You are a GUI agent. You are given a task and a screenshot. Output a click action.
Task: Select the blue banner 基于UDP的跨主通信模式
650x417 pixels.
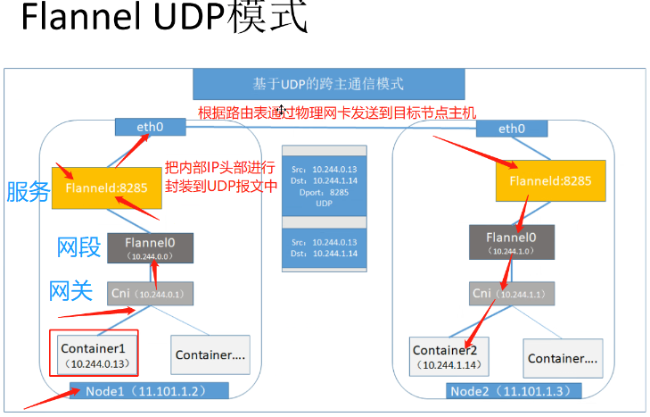pos(329,85)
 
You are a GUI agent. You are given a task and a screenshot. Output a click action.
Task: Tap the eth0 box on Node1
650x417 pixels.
pos(150,128)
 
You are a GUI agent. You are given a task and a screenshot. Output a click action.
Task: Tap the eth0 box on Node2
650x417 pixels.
pos(511,129)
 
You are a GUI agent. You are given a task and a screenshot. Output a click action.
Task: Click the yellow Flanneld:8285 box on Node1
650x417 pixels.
pos(106,188)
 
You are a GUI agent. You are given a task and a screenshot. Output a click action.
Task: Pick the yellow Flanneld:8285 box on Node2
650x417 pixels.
pos(550,181)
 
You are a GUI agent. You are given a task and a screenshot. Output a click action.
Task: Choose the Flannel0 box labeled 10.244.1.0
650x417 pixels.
pos(511,241)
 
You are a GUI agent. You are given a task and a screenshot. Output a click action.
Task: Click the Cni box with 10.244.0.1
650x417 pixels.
pos(151,293)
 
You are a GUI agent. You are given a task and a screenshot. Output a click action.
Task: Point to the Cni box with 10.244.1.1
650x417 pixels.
pos(511,293)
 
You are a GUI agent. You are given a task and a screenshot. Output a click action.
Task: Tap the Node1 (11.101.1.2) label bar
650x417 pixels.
pos(149,391)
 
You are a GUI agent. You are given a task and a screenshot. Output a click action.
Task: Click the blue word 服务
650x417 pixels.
pos(29,191)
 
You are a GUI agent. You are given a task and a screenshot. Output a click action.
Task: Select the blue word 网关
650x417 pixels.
pos(74,290)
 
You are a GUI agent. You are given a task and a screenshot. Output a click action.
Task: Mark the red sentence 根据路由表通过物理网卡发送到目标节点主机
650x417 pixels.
pos(337,113)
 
